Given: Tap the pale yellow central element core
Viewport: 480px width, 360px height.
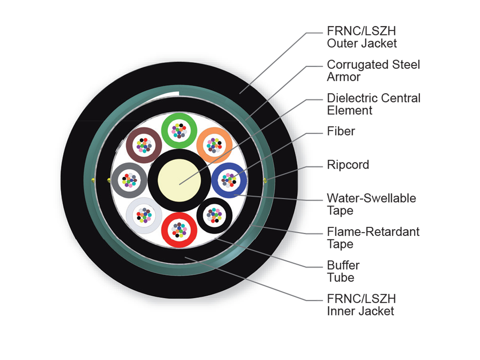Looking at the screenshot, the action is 179,180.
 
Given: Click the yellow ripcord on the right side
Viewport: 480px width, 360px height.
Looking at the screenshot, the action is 265,180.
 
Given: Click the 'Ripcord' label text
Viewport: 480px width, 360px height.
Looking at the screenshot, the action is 348,164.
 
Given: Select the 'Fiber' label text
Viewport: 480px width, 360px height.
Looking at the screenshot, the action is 341,131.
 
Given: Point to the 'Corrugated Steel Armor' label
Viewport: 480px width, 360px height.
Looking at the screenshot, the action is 373,71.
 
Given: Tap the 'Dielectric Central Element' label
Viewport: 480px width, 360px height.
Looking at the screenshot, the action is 374,104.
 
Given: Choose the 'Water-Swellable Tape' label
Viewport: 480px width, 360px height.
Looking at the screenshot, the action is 371,204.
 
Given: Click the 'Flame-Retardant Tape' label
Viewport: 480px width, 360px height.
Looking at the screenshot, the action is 373,238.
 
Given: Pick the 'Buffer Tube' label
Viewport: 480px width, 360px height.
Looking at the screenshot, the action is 343,271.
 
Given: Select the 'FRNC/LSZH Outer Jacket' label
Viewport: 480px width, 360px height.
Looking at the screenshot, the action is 362,37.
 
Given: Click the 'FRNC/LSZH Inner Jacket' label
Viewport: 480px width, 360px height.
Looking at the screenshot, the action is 361,305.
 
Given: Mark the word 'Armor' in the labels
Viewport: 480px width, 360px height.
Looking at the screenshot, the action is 343,77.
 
